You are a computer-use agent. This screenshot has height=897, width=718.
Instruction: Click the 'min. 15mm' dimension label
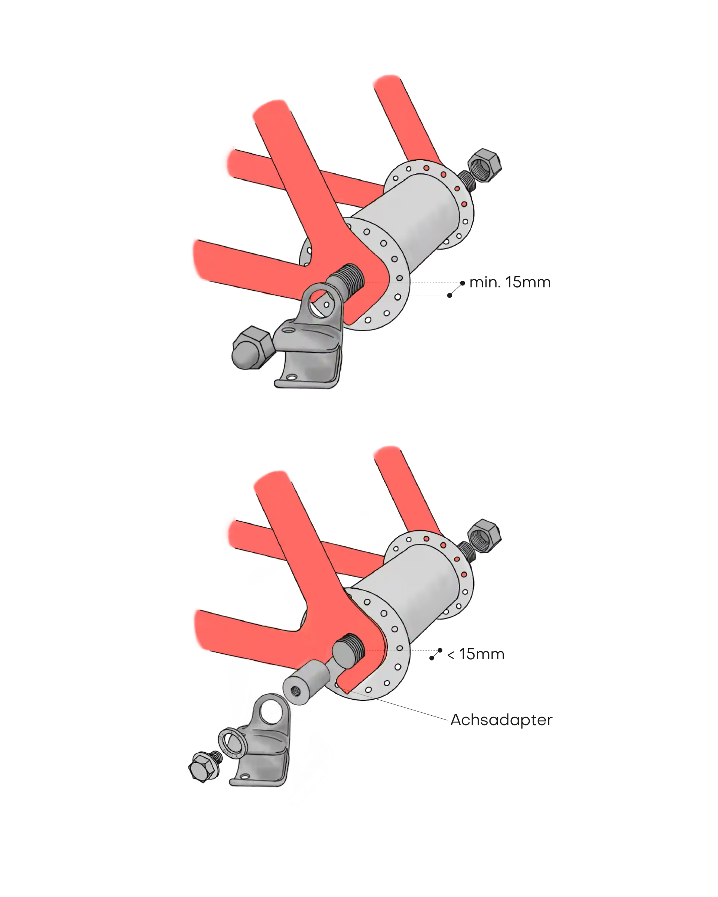click(x=509, y=282)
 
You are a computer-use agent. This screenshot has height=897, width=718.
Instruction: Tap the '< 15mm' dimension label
click(x=475, y=654)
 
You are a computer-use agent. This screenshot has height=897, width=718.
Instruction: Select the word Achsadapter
click(x=501, y=719)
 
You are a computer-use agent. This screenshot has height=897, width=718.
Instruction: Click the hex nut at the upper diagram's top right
click(x=485, y=165)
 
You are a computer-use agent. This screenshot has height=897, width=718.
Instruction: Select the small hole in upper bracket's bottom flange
click(x=291, y=378)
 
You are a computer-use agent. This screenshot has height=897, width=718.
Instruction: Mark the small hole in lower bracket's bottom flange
click(x=246, y=777)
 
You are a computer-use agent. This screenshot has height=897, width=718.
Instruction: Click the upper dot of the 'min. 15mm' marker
click(x=463, y=283)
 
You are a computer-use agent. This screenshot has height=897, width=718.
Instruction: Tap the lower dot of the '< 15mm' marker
click(x=432, y=658)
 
